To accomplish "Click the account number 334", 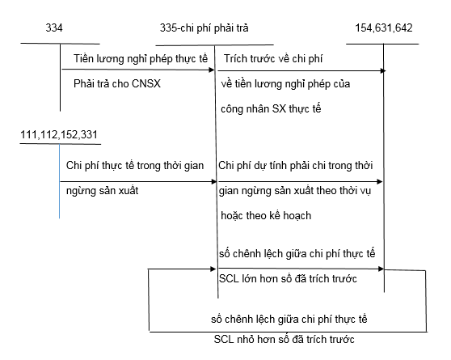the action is pyautogui.click(x=54, y=28).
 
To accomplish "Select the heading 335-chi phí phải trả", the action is pyautogui.click(x=204, y=28).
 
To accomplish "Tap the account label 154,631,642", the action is pyautogui.click(x=384, y=28).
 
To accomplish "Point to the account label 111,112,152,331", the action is pyautogui.click(x=59, y=135).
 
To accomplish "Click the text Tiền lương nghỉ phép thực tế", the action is pyautogui.click(x=141, y=59).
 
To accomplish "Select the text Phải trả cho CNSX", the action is pyautogui.click(x=117, y=84).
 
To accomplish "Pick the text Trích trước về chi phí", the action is pyautogui.click(x=273, y=59).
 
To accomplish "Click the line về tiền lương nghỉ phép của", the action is pyautogui.click(x=285, y=84).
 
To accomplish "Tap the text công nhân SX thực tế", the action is pyautogui.click(x=271, y=109).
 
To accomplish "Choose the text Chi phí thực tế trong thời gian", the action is pyautogui.click(x=135, y=166).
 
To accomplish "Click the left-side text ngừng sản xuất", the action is pyautogui.click(x=103, y=191).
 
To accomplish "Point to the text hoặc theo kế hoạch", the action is pyautogui.click(x=266, y=216).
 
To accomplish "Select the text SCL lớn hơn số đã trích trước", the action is pyautogui.click(x=288, y=279).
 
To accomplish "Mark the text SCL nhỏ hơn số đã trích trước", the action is pyautogui.click(x=285, y=340).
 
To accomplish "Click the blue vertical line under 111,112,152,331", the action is pyautogui.click(x=60, y=181).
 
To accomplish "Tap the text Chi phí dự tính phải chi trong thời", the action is pyautogui.click(x=296, y=166).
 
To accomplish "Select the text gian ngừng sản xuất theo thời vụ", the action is pyautogui.click(x=295, y=191).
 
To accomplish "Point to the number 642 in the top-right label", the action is pyautogui.click(x=404, y=28).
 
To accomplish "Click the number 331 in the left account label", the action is pyautogui.click(x=89, y=135).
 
